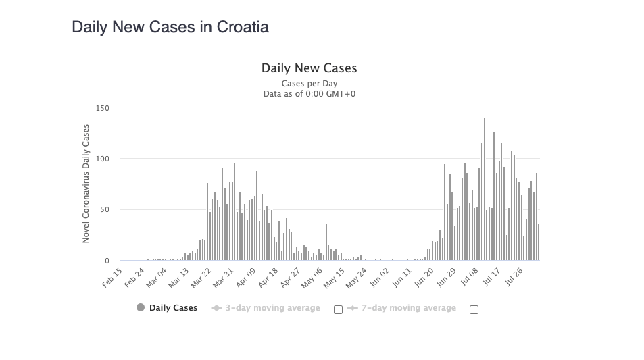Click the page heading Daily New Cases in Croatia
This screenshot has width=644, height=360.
[170, 27]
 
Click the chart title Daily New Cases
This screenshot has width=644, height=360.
[309, 68]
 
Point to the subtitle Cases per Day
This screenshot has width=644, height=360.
[309, 84]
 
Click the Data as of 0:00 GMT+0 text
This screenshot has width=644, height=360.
[309, 94]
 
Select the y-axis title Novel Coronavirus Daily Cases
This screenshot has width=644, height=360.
[86, 184]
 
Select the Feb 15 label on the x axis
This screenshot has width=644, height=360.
[113, 278]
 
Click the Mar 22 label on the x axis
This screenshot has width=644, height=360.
[201, 278]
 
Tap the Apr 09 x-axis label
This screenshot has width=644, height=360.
[245, 278]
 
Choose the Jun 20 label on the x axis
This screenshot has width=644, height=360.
[424, 278]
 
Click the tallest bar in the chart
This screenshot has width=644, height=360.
[485, 189]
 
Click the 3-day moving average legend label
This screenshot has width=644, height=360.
[272, 308]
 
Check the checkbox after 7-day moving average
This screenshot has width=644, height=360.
[474, 309]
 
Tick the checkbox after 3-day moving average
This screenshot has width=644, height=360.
[338, 309]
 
